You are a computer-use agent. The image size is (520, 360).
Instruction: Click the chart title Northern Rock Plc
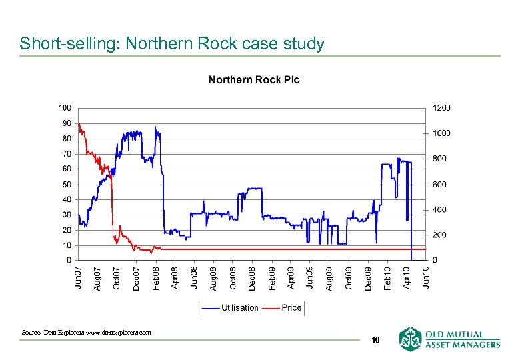tap(254, 80)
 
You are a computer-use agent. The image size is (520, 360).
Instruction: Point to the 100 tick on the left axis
tap(65, 107)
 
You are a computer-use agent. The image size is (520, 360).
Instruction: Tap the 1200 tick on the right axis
tap(441, 107)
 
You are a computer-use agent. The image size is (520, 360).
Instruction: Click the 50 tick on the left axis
tap(67, 184)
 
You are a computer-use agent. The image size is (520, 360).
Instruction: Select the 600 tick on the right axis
tap(439, 185)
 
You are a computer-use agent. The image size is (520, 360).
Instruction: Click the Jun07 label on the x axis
tap(79, 277)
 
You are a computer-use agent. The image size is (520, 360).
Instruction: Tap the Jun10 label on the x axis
tap(426, 277)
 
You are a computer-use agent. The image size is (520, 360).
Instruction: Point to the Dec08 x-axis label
tap(252, 277)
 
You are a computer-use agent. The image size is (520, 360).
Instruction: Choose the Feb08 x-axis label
tap(156, 277)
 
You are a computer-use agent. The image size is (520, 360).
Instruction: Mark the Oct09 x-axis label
tap(349, 277)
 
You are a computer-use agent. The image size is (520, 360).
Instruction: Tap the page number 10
tap(375, 340)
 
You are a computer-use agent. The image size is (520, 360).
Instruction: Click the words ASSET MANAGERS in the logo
tap(462, 345)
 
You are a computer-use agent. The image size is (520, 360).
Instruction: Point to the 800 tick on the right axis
tap(439, 159)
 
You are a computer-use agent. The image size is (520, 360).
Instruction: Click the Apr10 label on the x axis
tap(407, 277)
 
